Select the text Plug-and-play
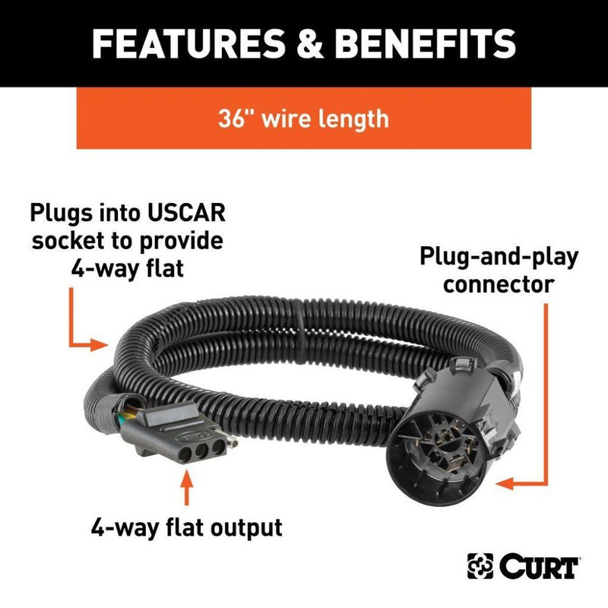[x=499, y=258]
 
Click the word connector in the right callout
[x=499, y=285]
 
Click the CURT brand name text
[x=538, y=566]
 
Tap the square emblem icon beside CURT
[x=480, y=566]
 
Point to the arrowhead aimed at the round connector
[x=505, y=483]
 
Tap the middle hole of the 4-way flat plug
[x=201, y=451]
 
